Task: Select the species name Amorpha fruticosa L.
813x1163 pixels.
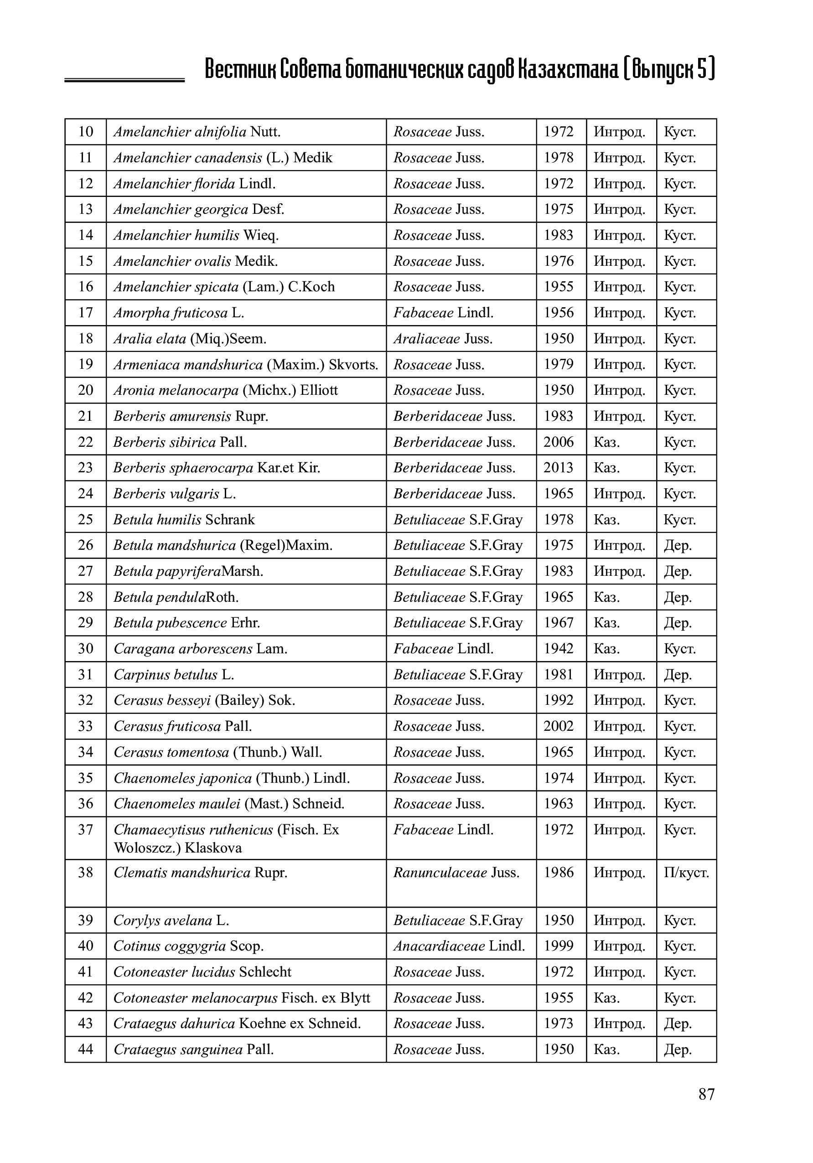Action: pos(179,313)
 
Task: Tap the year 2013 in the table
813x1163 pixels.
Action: pos(558,468)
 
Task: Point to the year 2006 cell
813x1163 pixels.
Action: pos(558,442)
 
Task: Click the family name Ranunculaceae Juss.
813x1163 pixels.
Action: pos(456,873)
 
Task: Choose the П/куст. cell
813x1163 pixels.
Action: pos(686,873)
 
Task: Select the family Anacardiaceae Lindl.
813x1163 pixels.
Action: pos(459,946)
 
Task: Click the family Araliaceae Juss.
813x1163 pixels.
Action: pos(443,339)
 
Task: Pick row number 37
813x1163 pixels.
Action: pos(86,830)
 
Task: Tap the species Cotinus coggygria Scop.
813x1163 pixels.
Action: pos(188,946)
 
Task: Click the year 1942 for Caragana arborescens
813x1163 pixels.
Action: pos(558,649)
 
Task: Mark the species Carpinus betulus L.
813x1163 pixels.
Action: pos(174,675)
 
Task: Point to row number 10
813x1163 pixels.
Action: pos(86,132)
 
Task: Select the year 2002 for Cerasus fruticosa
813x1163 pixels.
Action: pos(558,726)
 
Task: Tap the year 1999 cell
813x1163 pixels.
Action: pos(558,946)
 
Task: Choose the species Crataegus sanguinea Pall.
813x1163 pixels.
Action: pos(193,1049)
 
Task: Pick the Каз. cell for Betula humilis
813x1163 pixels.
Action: pos(606,520)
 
